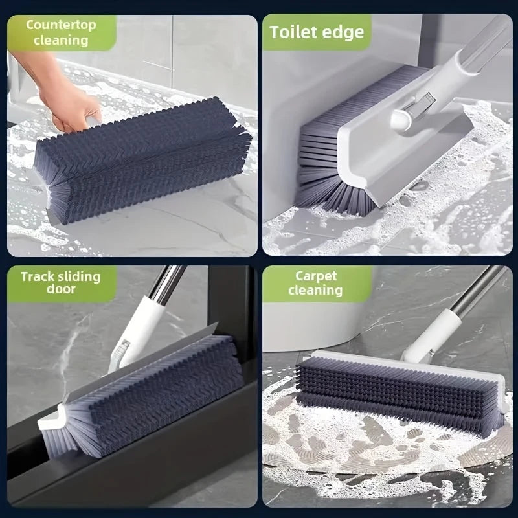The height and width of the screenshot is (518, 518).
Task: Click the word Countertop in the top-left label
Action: (61, 25)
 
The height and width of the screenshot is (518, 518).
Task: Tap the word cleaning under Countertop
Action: (61, 40)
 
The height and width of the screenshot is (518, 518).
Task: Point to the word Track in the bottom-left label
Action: (38, 276)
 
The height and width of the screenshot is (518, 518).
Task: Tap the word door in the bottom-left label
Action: (61, 289)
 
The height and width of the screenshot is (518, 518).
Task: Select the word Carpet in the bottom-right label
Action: (316, 276)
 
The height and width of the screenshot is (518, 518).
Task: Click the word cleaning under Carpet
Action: (315, 290)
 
